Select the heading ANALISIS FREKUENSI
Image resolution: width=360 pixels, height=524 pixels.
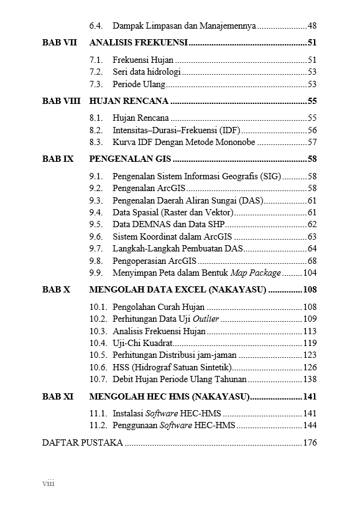point(138,42)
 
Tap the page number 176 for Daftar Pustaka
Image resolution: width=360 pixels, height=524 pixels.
point(310,443)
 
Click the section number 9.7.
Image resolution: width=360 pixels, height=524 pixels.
point(96,248)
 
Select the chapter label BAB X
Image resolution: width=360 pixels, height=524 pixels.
point(56,289)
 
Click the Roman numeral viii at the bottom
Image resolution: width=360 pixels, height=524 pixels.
point(48,483)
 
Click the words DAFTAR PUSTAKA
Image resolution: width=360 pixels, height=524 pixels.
point(82,443)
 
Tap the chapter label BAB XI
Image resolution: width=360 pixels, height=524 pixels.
point(57,396)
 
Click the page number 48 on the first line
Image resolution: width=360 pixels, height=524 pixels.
point(312,26)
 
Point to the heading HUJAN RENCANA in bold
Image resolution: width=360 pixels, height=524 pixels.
point(129,101)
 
